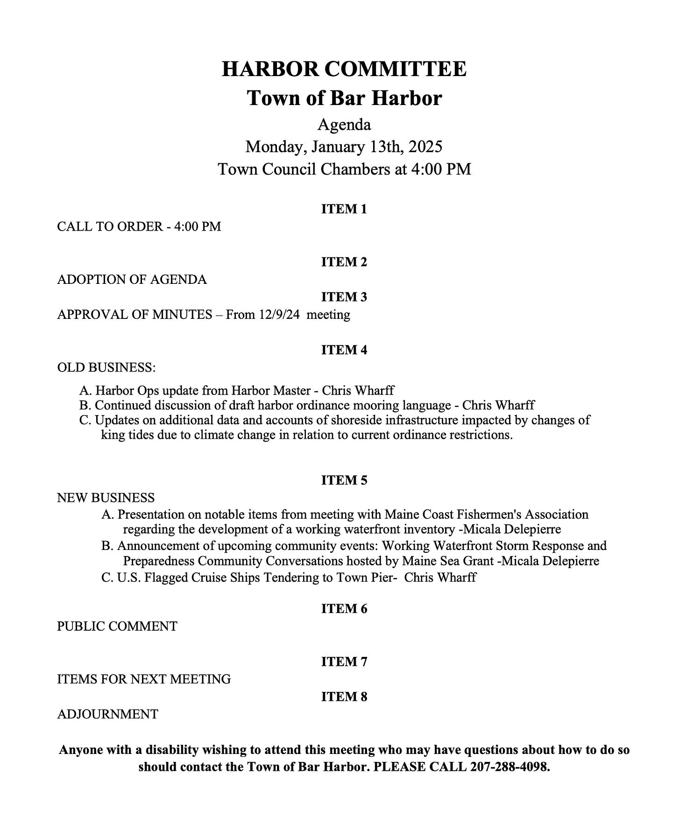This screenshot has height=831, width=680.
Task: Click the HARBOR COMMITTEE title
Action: point(344,69)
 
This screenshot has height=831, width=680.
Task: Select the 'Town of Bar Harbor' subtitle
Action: point(344,98)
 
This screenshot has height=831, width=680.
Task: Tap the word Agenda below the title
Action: point(344,125)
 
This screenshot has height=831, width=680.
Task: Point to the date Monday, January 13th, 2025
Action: point(344,147)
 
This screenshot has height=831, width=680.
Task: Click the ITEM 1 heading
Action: point(344,209)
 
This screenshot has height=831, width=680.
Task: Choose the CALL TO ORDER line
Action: point(139,226)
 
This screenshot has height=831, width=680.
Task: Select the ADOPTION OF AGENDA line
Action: point(132,280)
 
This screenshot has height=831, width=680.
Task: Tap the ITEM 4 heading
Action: point(344,350)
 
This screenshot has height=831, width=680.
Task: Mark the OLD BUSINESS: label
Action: point(106,367)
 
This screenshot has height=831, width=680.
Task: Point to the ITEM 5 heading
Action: point(344,480)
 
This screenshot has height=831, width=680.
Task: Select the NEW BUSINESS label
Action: point(106,498)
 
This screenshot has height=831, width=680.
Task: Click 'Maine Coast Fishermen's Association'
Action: point(486,514)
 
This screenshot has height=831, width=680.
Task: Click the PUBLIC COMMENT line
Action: point(117,626)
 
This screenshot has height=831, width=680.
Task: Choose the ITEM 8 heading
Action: point(344,697)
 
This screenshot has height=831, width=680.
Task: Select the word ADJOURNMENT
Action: point(107,714)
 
